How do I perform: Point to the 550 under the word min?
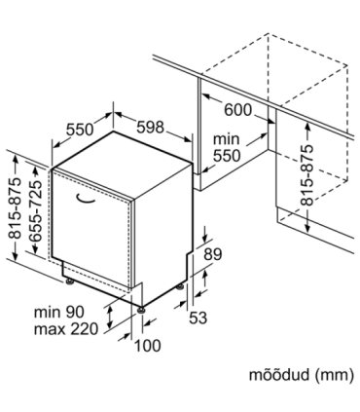click(x=228, y=154)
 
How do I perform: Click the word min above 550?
click(x=226, y=138)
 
